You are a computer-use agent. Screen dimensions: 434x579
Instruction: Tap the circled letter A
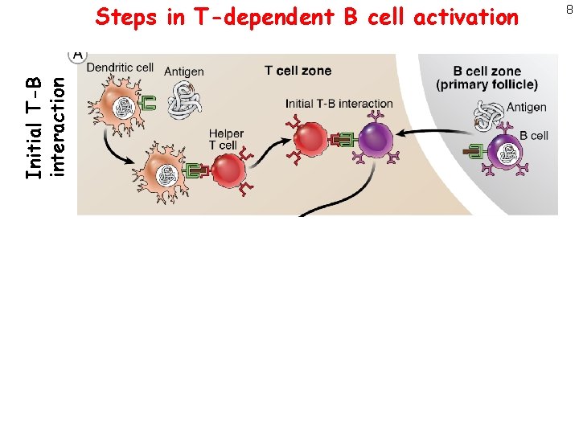(x=78, y=54)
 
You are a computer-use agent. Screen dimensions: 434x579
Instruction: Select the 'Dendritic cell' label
(x=120, y=68)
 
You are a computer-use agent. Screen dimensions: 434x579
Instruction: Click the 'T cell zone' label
(x=298, y=71)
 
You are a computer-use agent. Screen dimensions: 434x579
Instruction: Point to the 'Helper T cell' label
(x=225, y=139)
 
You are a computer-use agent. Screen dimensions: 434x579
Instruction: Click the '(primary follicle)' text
(x=487, y=84)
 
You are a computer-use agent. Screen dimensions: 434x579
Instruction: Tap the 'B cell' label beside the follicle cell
(x=533, y=136)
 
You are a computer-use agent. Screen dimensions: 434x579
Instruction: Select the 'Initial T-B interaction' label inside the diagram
(x=339, y=103)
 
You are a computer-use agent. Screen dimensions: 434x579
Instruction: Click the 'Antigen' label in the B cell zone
(x=527, y=107)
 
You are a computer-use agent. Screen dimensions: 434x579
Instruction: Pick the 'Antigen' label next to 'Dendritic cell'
(x=184, y=72)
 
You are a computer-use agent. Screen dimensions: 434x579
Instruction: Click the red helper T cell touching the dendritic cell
(x=228, y=170)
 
